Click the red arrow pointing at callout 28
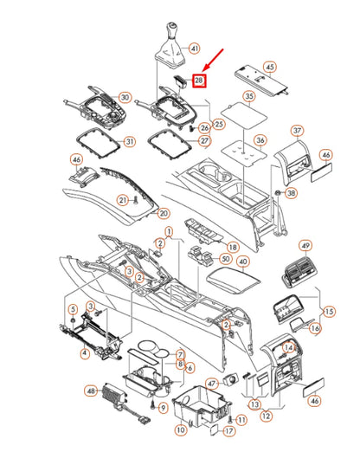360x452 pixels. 213,60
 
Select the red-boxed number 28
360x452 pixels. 199,81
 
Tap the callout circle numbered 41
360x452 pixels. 195,48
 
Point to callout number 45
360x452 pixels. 270,68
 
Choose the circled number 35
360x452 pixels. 249,96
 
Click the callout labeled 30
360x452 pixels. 125,98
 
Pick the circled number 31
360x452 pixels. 130,141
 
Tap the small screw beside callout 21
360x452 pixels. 135,200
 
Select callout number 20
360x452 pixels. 164,213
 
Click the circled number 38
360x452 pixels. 292,192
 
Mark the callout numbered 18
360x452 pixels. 233,247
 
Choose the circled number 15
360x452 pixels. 329,312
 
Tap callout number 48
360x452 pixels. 91,391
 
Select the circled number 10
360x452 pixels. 181,430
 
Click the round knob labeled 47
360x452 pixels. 231,379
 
